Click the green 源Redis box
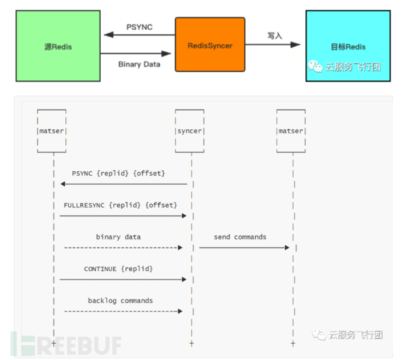tap(58, 45)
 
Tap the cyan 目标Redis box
tap(348, 45)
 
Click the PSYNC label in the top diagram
tap(139, 27)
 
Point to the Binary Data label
tap(139, 64)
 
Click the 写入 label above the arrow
tap(274, 36)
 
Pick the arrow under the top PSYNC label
tap(139, 35)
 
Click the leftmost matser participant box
tap(51, 131)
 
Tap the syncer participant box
tap(189, 131)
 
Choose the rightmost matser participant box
tap(291, 131)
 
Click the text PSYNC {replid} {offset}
tap(118, 174)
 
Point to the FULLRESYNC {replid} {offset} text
tap(120, 205)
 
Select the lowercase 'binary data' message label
tap(118, 237)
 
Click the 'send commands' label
tap(240, 237)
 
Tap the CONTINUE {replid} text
tap(118, 269)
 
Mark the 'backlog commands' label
tap(121, 301)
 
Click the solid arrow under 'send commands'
tap(244, 248)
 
